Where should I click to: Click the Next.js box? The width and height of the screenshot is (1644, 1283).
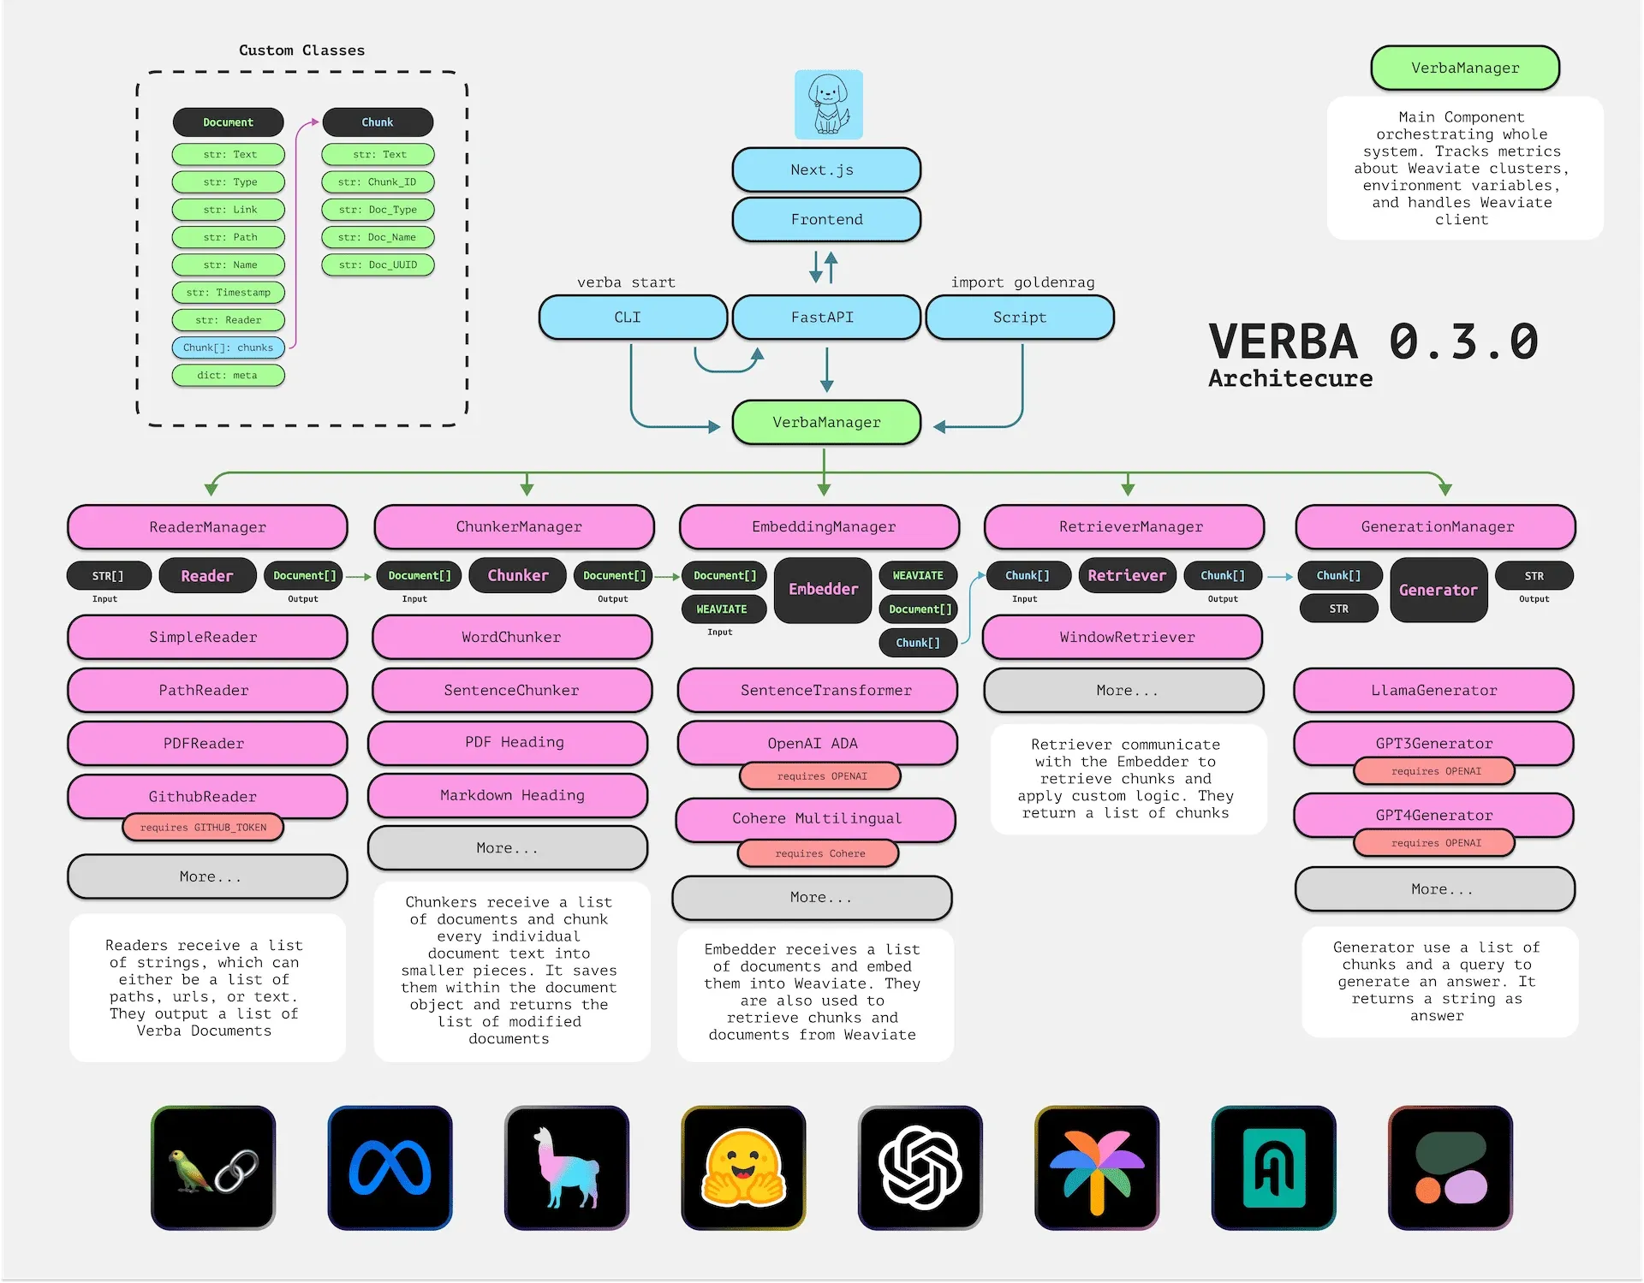pyautogui.click(x=826, y=169)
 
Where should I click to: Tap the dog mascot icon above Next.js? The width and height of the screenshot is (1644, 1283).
pyautogui.click(x=828, y=104)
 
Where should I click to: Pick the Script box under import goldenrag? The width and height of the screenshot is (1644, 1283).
pyautogui.click(x=1020, y=318)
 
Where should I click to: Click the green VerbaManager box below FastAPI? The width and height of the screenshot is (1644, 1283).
pyautogui.click(x=826, y=422)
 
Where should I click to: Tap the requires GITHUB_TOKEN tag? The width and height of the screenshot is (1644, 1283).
pyautogui.click(x=203, y=828)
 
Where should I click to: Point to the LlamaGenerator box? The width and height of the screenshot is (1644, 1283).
pyautogui.click(x=1433, y=690)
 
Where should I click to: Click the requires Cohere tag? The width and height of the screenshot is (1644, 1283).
pyautogui.click(x=819, y=853)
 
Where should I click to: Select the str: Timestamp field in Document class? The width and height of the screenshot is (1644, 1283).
pyautogui.click(x=228, y=293)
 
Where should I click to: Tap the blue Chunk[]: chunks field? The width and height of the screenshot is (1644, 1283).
pyautogui.click(x=228, y=347)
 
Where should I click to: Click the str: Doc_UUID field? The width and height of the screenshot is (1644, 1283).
pyautogui.click(x=378, y=264)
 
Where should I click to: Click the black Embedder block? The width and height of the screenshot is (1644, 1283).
pyautogui.click(x=822, y=590)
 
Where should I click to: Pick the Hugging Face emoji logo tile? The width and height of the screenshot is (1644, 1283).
pyautogui.click(x=743, y=1167)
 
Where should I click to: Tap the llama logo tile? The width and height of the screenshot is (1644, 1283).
pyautogui.click(x=566, y=1167)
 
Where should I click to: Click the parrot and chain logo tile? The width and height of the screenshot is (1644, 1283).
pyautogui.click(x=213, y=1167)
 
